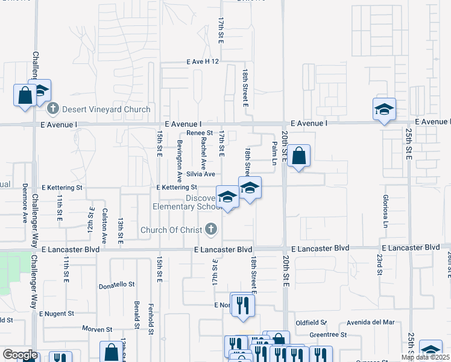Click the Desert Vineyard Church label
tap(106, 109)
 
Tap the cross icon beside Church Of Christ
tap(210, 229)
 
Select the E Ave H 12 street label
tap(203, 62)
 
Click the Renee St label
tap(200, 133)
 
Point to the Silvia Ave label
tap(201, 174)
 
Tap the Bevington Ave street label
tap(180, 161)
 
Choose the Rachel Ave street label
tap(204, 153)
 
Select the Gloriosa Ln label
tap(385, 211)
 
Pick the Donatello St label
tap(117, 284)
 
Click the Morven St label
tap(98, 329)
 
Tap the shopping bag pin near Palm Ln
tap(299, 157)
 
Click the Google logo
tap(19, 355)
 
